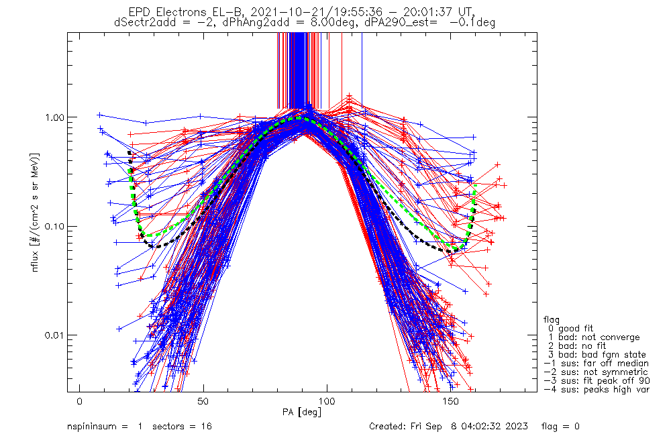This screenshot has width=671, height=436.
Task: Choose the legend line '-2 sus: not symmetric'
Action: (596, 372)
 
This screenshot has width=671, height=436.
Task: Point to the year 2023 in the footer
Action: (517, 427)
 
